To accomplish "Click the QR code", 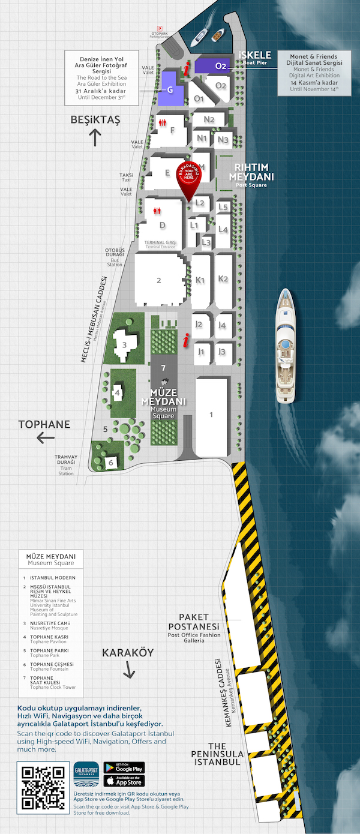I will (x=43, y=787).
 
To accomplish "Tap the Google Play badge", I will (x=124, y=768).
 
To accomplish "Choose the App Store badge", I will (x=124, y=782).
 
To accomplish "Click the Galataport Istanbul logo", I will (x=87, y=778).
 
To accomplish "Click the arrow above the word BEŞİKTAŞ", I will (x=95, y=137).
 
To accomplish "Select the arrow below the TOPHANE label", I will (x=46, y=439).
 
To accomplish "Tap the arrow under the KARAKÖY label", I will (x=128, y=673).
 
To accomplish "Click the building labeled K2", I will (x=224, y=279).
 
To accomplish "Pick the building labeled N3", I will (x=223, y=140).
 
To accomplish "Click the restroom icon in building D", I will (x=158, y=211).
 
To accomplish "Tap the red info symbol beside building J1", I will (x=187, y=342).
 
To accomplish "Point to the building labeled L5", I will (x=223, y=207).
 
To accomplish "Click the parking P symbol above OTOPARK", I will (x=160, y=29).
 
